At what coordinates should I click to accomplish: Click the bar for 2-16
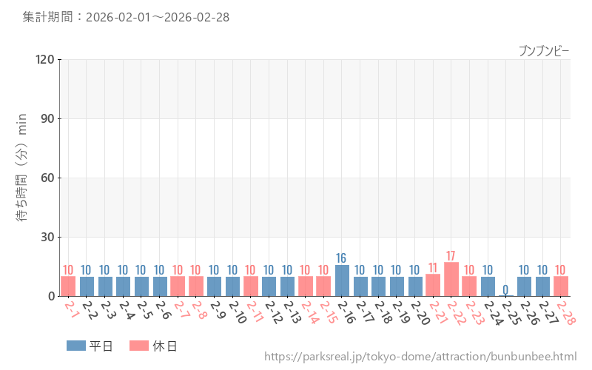342,280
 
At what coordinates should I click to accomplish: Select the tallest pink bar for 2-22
451,280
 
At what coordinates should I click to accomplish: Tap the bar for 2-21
433,286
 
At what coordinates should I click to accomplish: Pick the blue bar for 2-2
87,286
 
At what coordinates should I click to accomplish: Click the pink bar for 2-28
561,286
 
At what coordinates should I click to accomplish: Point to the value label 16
342,258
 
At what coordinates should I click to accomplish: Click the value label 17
451,256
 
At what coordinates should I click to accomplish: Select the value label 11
433,268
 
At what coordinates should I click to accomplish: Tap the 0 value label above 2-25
506,289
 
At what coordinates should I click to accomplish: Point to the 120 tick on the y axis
45,59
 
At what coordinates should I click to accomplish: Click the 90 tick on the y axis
48,118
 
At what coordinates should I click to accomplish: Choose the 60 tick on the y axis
48,178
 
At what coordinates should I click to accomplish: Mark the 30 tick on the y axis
48,237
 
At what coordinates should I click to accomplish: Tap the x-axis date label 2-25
511,312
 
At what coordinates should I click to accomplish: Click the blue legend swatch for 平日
76,346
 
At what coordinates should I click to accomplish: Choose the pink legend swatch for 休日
139,346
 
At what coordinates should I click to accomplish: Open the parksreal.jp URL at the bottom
420,357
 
